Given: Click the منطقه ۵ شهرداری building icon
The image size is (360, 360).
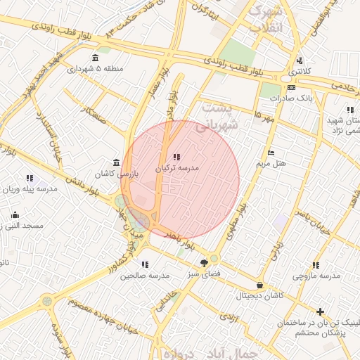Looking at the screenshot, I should coord(96,58).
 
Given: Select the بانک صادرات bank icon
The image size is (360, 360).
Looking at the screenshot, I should coord(292,87).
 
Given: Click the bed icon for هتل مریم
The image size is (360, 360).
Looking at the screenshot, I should coord(271,153).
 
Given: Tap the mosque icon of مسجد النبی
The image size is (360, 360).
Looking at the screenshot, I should coord(15,214).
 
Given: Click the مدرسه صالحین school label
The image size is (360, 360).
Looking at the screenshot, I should coord(145,276).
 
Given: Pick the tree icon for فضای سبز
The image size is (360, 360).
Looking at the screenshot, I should coord(204,263).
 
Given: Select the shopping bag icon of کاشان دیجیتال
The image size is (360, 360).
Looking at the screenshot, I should coord(261,285).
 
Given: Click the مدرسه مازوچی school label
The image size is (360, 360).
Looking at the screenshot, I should coord(316,276).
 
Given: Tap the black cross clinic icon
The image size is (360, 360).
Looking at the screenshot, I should coord(321,311).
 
